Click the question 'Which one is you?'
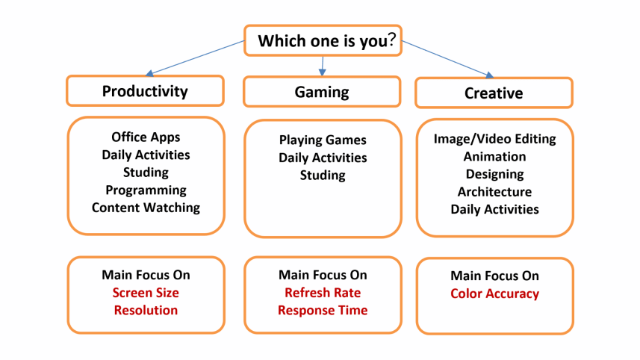point(323,41)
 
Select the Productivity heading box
point(145,91)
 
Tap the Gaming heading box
point(322,92)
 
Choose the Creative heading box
point(494,93)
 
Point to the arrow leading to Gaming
point(323,66)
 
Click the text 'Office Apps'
point(146,137)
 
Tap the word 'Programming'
point(146,190)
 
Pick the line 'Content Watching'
point(146,208)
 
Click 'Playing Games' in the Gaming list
point(323,140)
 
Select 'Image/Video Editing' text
point(494,139)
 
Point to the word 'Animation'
point(494,157)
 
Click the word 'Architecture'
point(494,192)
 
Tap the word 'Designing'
point(494,174)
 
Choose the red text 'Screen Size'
point(146,293)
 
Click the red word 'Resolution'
point(146,310)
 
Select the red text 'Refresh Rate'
point(323,293)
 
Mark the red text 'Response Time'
point(323,310)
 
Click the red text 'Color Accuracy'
point(494,294)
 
